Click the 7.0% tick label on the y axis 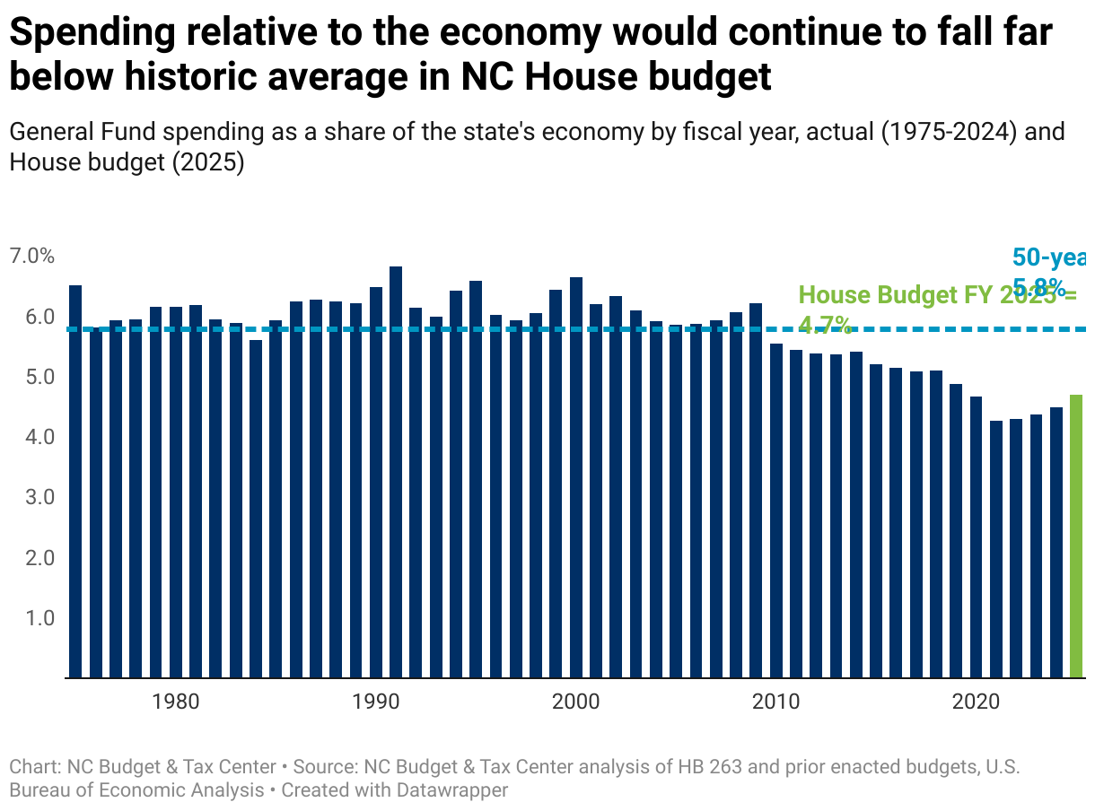[x=32, y=256]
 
